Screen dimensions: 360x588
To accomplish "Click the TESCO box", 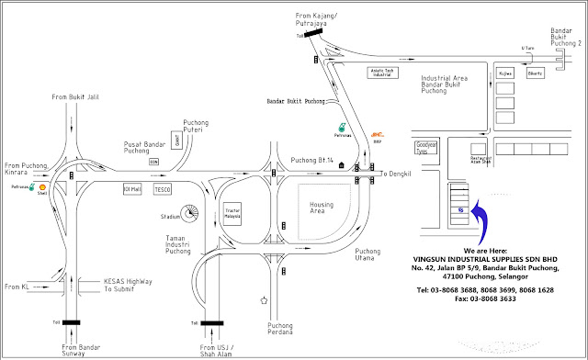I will (163, 189).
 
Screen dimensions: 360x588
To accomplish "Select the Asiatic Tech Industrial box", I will (387, 71).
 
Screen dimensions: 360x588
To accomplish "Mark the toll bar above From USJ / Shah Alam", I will (213, 322).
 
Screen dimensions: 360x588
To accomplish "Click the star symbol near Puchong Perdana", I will (264, 299).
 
